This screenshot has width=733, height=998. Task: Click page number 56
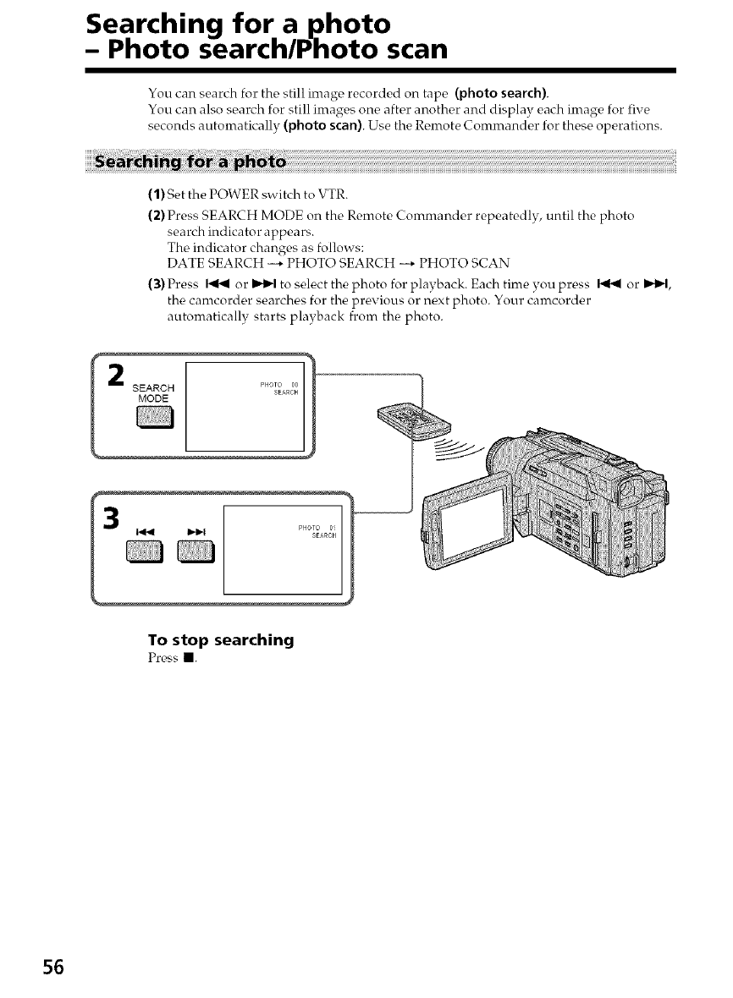click(52, 968)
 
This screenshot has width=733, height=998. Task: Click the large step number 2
click(119, 375)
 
